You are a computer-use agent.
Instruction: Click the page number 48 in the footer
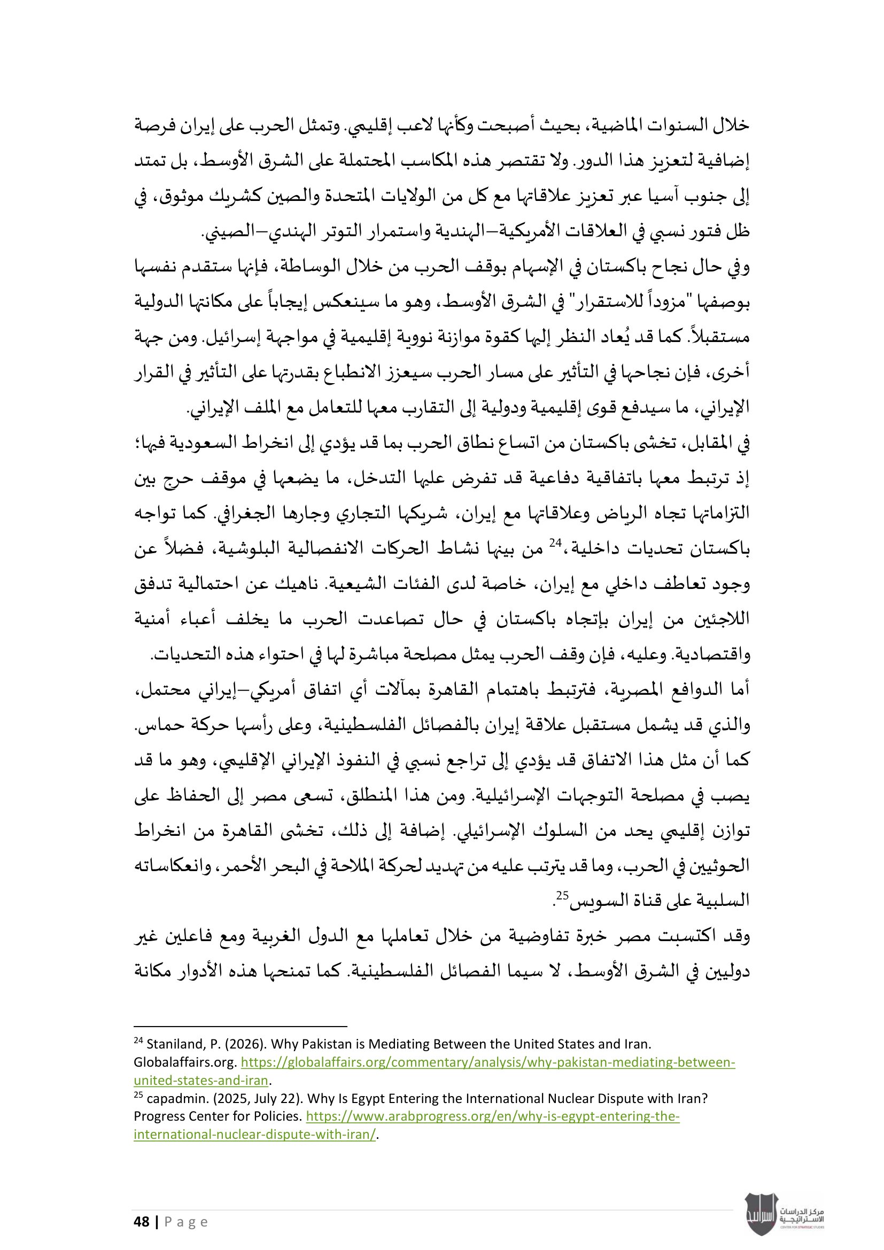[142, 1222]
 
